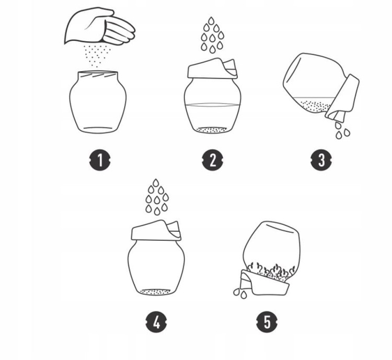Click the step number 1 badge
100,160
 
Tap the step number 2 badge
213,160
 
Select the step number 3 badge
321,160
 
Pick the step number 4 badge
156,322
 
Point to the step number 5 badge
267,322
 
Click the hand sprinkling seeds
100,26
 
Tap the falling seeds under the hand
97,56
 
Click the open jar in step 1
98,102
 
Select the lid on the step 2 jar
213,69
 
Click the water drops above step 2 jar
212,35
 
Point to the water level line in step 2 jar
213,105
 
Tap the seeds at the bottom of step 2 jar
212,130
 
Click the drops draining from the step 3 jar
342,130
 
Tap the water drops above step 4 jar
157,197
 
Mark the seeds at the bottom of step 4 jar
156,292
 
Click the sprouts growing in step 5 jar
272,270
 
